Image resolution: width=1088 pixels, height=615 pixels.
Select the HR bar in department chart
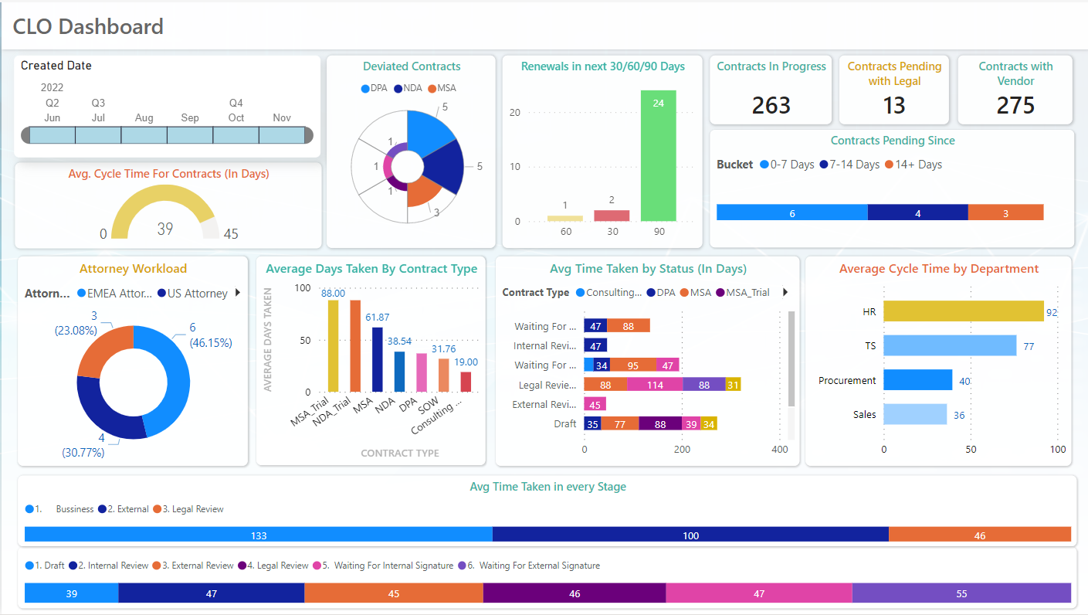963,311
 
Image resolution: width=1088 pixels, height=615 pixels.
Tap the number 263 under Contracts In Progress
771,105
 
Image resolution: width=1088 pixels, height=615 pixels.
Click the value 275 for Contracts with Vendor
1015,105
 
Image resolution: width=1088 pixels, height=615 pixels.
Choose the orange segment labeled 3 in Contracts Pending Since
1005,213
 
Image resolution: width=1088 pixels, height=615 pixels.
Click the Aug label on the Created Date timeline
144,118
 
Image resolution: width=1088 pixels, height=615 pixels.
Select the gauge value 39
165,229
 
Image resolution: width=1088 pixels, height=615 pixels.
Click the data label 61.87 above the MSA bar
378,318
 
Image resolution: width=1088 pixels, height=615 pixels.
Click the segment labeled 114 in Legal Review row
655,385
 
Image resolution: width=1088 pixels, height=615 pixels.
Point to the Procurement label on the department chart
846,380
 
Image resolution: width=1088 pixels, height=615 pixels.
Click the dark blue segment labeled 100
690,535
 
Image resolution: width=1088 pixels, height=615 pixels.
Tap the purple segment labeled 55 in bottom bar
961,593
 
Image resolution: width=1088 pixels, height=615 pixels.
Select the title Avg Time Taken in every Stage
547,487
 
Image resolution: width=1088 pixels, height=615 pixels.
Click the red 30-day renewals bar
612,216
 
